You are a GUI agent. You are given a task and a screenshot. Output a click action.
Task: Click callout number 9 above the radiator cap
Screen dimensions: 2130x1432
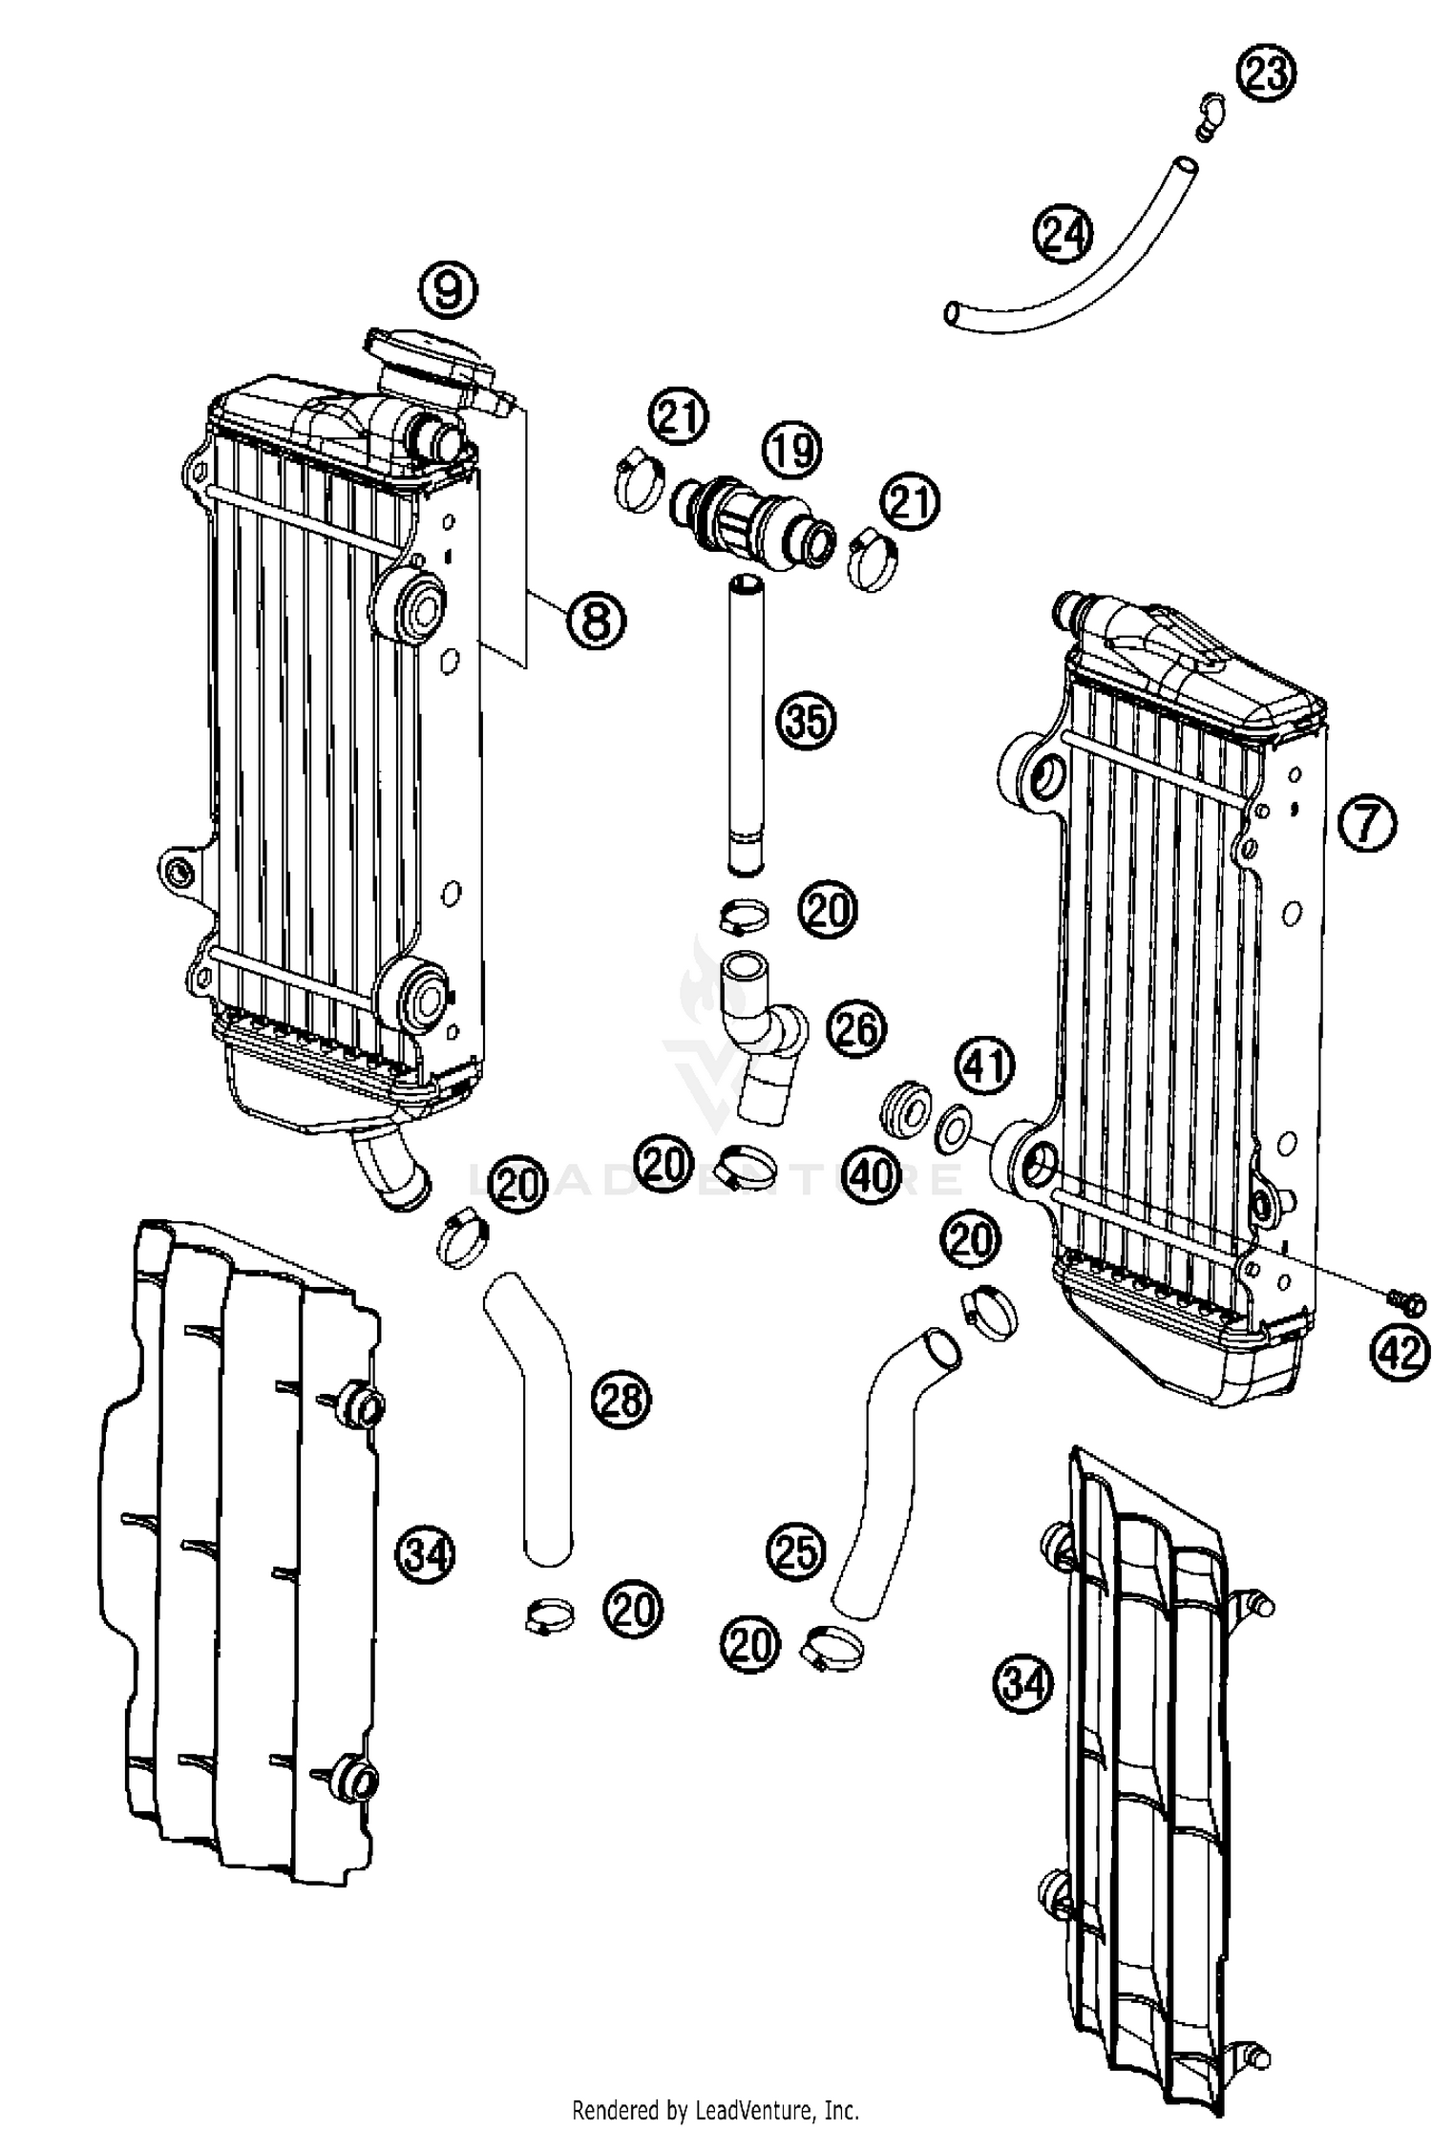450,289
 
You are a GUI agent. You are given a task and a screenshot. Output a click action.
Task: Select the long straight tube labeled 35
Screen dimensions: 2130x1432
746,726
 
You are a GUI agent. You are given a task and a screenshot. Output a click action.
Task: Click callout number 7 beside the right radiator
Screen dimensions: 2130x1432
1366,822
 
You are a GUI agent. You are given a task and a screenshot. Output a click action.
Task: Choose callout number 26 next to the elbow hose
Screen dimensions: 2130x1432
856,1028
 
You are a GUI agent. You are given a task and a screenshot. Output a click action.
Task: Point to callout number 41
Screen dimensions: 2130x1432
985,1065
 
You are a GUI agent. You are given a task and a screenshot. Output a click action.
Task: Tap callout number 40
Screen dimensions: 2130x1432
871,1175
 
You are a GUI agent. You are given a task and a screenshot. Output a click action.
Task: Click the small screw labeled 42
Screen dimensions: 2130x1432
1406,1300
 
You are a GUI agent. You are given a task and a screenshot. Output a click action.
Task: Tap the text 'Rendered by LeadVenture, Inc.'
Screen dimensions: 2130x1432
715,2108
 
